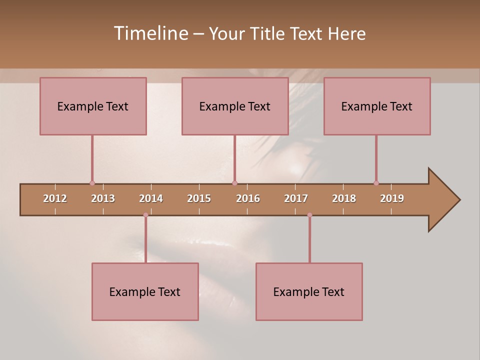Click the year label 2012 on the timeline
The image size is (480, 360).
point(55,198)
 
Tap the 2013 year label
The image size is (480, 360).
point(103,198)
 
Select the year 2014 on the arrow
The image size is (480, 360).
point(151,198)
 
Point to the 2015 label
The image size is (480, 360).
point(199,198)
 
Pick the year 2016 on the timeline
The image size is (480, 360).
point(248,198)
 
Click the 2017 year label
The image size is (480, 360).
point(296,198)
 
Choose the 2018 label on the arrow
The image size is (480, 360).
point(344,198)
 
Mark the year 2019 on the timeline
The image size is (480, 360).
point(392,198)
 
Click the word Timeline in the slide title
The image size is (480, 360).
point(150,33)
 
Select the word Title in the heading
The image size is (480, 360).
point(268,33)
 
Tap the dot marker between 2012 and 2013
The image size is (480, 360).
point(92,183)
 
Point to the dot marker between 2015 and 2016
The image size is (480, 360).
point(234,183)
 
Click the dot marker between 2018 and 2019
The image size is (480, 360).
point(376,183)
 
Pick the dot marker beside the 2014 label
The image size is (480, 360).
point(145,215)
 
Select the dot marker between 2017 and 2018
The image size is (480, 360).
point(309,215)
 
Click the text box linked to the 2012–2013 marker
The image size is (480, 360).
point(93,106)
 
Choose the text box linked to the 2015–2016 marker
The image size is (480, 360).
point(235,106)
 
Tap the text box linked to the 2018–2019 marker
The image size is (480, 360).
point(377,106)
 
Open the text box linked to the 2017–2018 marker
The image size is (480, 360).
point(309,291)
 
